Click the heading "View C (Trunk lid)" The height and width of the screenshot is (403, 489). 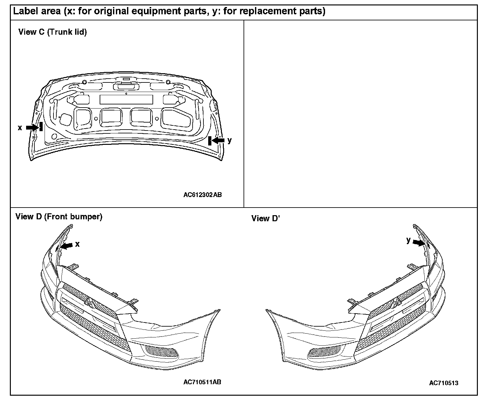coord(53,32)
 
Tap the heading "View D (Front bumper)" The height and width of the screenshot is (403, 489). coord(59,217)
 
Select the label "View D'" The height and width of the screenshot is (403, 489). coord(266,218)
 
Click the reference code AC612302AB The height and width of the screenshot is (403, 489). coord(202,195)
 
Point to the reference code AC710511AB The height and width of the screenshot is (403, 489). coord(202,382)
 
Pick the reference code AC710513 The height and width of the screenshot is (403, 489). coord(443,383)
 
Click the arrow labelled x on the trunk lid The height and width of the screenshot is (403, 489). coord(32,127)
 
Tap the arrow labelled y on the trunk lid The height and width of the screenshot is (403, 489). coord(218,140)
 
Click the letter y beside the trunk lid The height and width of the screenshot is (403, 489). coord(230,140)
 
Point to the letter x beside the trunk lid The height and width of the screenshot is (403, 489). coord(20,128)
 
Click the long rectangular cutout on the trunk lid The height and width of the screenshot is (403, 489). coord(126,100)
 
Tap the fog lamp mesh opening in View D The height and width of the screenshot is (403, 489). coord(161,352)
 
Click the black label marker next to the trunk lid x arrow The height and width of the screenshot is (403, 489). coord(41,126)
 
